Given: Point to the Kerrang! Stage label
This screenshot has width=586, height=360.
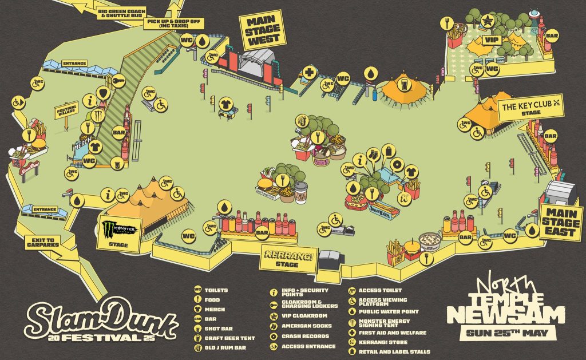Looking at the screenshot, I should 288,258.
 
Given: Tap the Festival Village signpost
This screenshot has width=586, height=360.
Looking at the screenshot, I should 66,111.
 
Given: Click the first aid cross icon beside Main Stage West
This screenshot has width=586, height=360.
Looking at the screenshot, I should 310,73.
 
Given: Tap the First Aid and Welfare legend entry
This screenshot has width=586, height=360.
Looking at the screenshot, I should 392,333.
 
